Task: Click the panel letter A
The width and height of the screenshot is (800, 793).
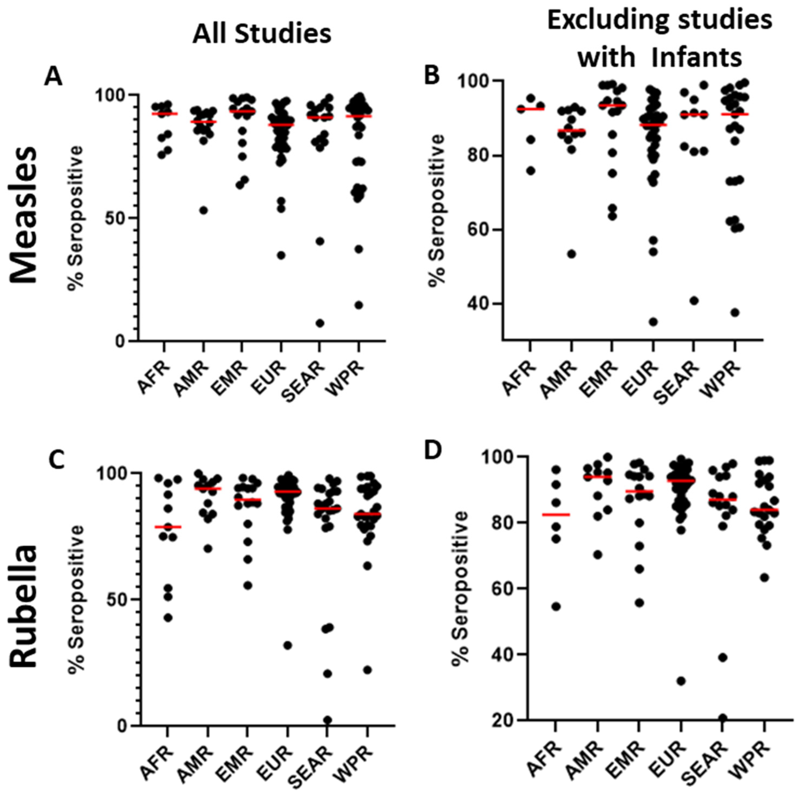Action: coord(53,78)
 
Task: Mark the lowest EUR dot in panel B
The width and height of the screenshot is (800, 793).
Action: coord(653,321)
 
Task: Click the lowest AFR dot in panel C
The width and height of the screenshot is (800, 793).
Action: coord(167,617)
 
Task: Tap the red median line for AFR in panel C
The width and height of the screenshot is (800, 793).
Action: coord(167,527)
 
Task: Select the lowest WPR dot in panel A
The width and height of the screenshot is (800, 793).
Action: coord(359,305)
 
